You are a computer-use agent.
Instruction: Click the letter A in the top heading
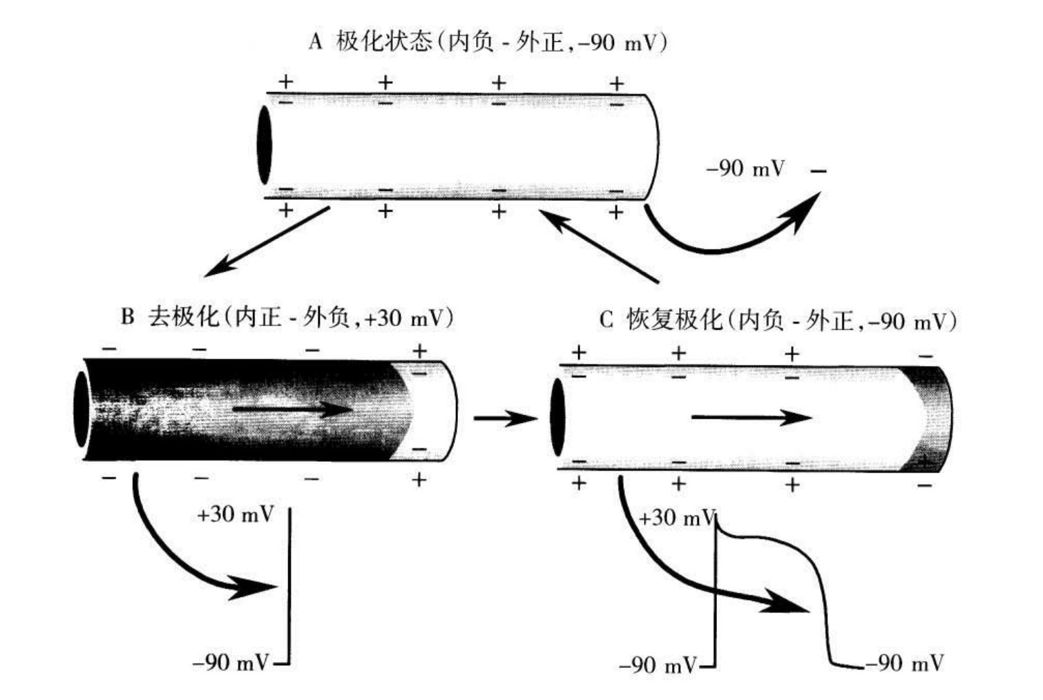point(316,43)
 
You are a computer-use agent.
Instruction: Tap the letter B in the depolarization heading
point(127,317)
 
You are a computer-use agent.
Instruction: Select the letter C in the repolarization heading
point(606,320)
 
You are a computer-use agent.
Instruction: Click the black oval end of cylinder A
point(264,145)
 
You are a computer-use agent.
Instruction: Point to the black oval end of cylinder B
point(82,409)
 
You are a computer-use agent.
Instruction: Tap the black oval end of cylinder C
point(557,417)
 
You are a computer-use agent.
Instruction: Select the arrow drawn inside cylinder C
point(751,417)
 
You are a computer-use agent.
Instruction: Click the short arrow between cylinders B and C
point(504,418)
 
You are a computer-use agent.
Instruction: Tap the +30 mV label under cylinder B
point(235,514)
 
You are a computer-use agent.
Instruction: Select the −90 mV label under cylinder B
point(231,663)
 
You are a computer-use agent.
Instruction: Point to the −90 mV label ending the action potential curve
point(904,663)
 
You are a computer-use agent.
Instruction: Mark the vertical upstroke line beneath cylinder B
point(289,587)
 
